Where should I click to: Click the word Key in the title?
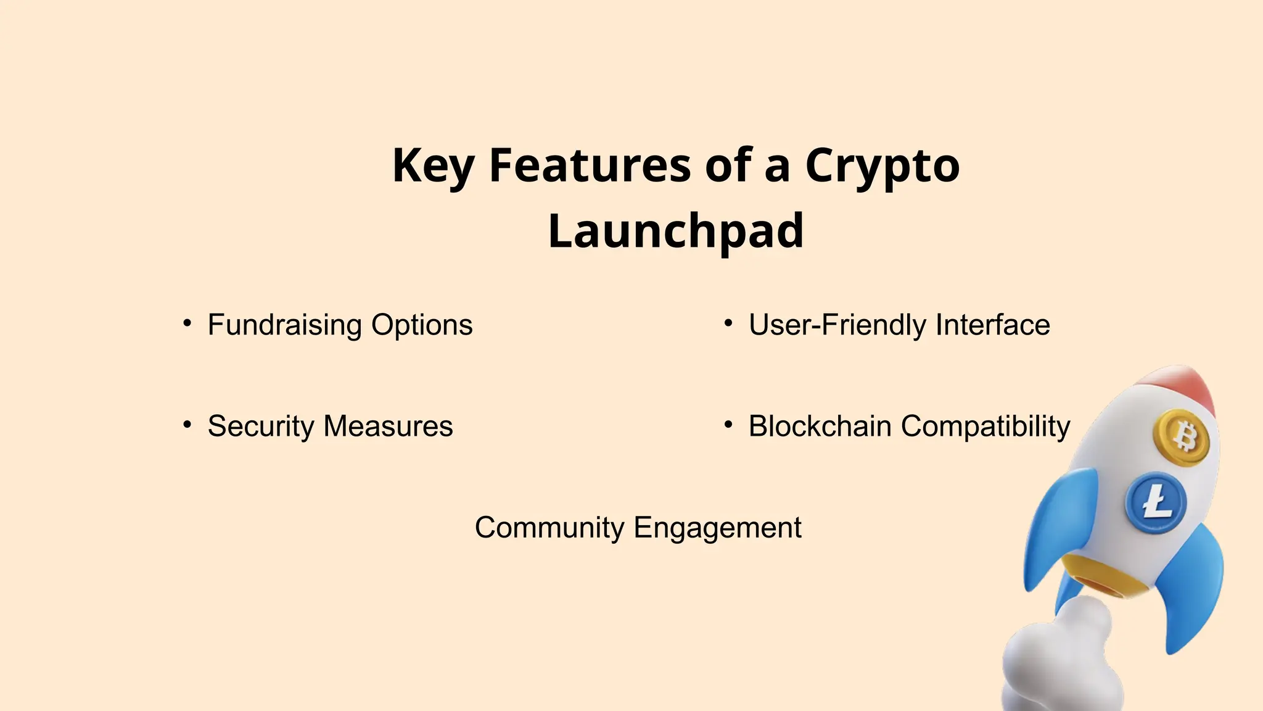pos(433,166)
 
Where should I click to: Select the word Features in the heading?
pos(590,166)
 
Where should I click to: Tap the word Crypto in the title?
pos(882,166)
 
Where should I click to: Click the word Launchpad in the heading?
pos(676,231)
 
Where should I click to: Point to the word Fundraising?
pos(284,325)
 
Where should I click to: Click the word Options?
pos(422,325)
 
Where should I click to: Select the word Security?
pos(260,426)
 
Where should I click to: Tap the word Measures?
pos(388,426)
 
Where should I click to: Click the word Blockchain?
pos(820,426)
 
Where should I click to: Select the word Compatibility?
pos(985,426)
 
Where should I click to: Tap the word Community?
pos(549,528)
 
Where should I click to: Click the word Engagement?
pos(717,528)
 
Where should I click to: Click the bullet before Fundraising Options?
pos(187,323)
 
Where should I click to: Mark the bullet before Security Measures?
pos(187,424)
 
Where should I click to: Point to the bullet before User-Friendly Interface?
pos(728,323)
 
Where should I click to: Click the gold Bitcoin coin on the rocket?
pos(1182,438)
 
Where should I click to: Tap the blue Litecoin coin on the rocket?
pos(1156,503)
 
